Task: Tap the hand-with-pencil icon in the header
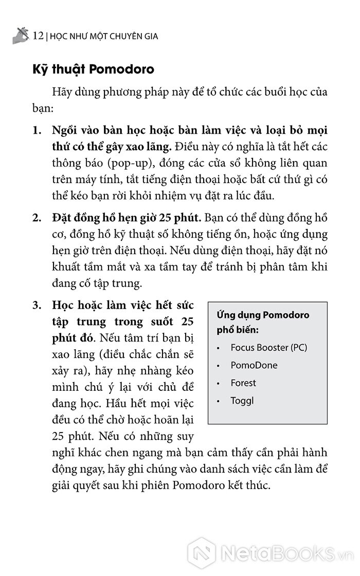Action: (x=20, y=35)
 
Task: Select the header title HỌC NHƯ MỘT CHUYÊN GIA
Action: (x=103, y=37)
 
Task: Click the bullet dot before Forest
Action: (x=218, y=384)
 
